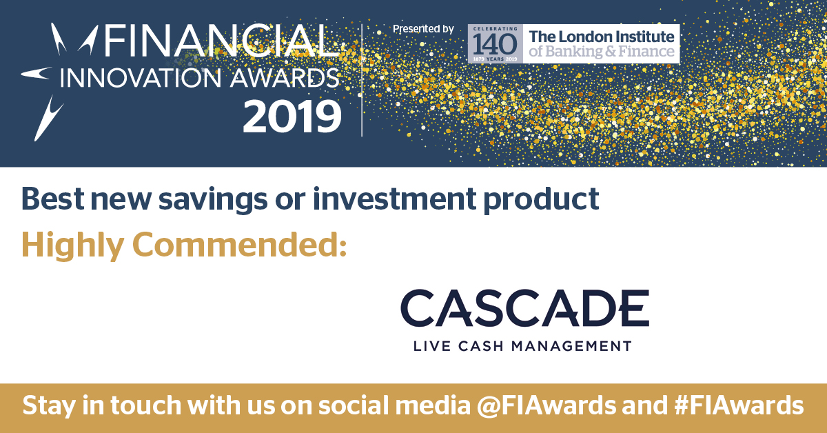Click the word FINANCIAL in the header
click(x=221, y=41)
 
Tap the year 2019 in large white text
click(x=292, y=117)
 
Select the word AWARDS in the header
click(x=284, y=78)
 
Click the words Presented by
click(x=423, y=29)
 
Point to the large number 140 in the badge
click(x=495, y=44)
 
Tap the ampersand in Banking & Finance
click(x=611, y=52)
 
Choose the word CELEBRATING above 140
click(x=495, y=28)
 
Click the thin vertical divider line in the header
click(x=362, y=80)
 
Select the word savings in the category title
click(x=213, y=199)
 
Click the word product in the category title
click(x=541, y=199)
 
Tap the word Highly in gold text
click(x=72, y=245)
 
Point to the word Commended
click(x=239, y=244)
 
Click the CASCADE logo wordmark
click(x=524, y=308)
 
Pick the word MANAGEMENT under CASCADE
click(x=571, y=346)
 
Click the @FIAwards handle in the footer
click(x=547, y=405)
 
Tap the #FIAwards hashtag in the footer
click(x=739, y=405)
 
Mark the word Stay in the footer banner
click(x=49, y=406)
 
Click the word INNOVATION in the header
click(x=141, y=78)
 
